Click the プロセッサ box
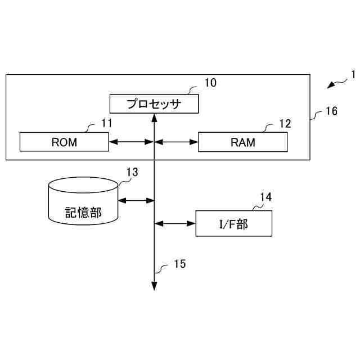(x=154, y=103)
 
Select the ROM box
(x=64, y=142)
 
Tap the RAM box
(x=242, y=142)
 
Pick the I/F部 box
(x=233, y=223)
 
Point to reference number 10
(x=210, y=83)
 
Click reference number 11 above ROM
(x=106, y=123)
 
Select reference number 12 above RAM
(x=285, y=123)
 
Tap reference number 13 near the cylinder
(x=132, y=172)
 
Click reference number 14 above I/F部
(x=266, y=197)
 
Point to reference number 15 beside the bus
(x=179, y=263)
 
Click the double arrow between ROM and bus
(x=131, y=142)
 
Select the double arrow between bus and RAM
(x=176, y=142)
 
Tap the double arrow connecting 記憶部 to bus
(x=137, y=199)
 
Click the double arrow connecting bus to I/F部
(x=175, y=223)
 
